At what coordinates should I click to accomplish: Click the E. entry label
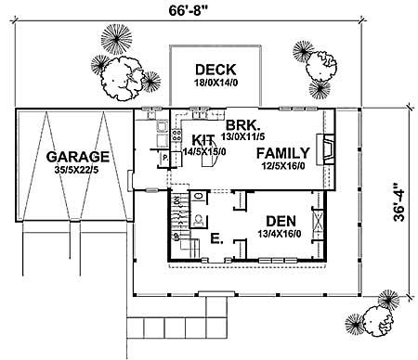(216, 239)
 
